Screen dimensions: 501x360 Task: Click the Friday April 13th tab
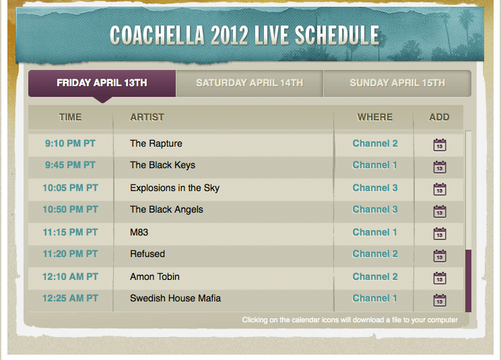point(102,83)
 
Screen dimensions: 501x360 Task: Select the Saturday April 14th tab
point(250,83)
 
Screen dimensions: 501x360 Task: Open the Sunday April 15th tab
point(397,83)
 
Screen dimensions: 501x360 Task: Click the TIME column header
point(70,117)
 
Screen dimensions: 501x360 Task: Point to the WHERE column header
point(375,117)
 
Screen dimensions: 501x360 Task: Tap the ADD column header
point(439,117)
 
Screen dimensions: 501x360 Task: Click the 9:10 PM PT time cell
point(70,143)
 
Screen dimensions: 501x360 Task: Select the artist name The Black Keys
point(162,166)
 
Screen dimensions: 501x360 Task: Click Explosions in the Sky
point(175,188)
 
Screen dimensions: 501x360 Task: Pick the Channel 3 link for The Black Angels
point(375,209)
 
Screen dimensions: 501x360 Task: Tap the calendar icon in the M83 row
point(440,233)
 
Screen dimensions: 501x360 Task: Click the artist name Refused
point(147,254)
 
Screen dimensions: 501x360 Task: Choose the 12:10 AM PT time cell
point(70,277)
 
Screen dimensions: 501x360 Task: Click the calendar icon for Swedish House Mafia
point(440,300)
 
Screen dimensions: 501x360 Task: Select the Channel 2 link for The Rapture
point(375,143)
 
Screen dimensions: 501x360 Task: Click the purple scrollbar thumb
point(469,281)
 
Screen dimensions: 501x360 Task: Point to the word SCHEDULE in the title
point(337,35)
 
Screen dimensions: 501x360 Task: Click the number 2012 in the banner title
point(229,35)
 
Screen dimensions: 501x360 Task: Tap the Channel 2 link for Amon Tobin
point(375,277)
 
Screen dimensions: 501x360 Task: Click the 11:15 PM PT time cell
point(70,232)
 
